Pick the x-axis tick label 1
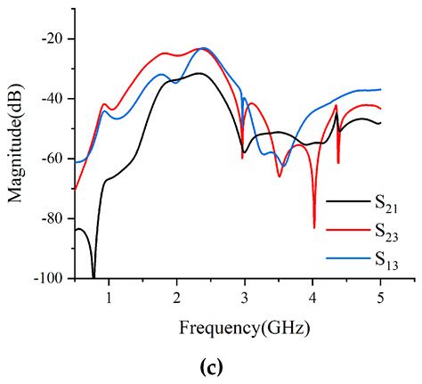109,296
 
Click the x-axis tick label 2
176,296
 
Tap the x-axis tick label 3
244,296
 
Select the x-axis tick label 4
312,296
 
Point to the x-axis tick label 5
380,296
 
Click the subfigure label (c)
210,366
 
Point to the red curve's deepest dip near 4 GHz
314,226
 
